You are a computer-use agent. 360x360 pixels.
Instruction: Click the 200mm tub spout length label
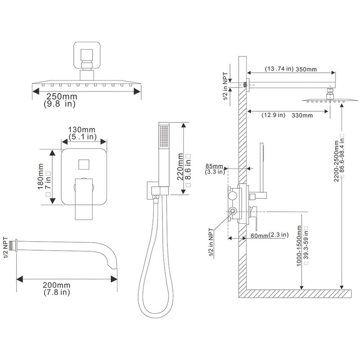click(x=57, y=285)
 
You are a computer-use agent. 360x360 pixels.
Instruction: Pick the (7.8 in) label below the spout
click(x=57, y=292)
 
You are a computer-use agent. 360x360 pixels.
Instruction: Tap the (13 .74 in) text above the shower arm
click(x=279, y=69)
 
